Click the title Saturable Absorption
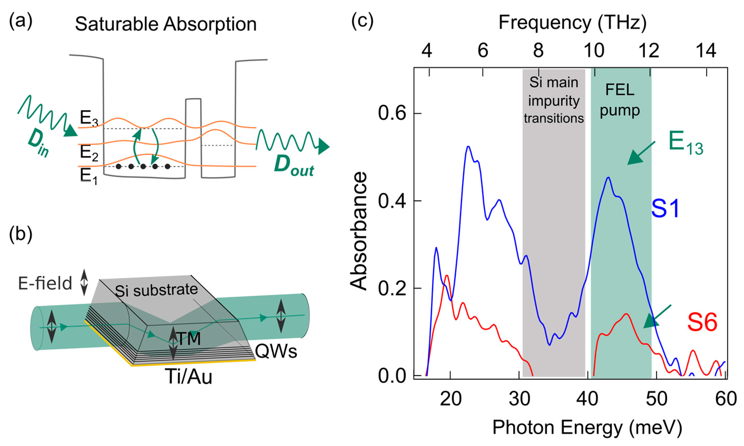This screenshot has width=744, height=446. [x=165, y=24]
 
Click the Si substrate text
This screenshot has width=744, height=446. [x=156, y=290]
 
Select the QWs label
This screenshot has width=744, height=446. [x=276, y=351]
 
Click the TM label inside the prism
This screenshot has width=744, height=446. [x=189, y=339]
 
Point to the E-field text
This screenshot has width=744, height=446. [x=45, y=283]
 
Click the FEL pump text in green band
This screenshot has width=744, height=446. [x=620, y=100]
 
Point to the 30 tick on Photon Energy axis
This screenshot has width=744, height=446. [x=519, y=399]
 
